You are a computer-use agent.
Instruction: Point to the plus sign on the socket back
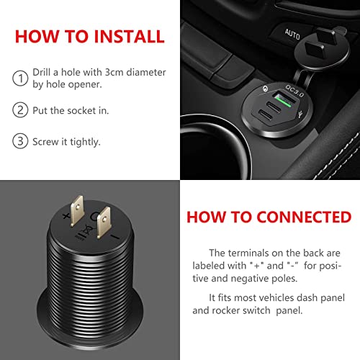(66, 216)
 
